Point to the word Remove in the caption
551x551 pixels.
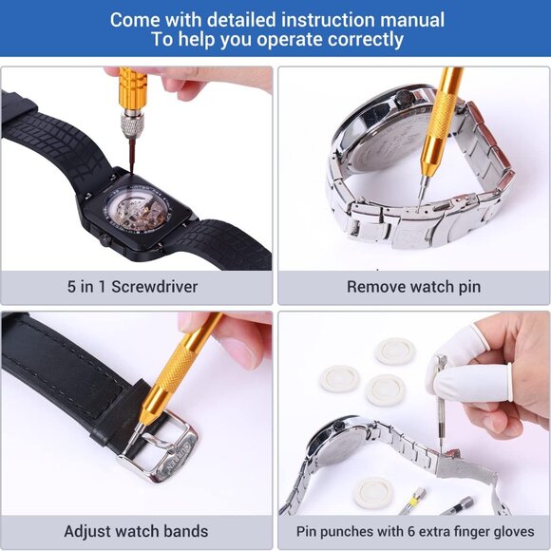pyautogui.click(x=376, y=286)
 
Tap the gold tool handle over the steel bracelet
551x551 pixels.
pyautogui.click(x=438, y=123)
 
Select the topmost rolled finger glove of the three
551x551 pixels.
pyautogui.click(x=394, y=351)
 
